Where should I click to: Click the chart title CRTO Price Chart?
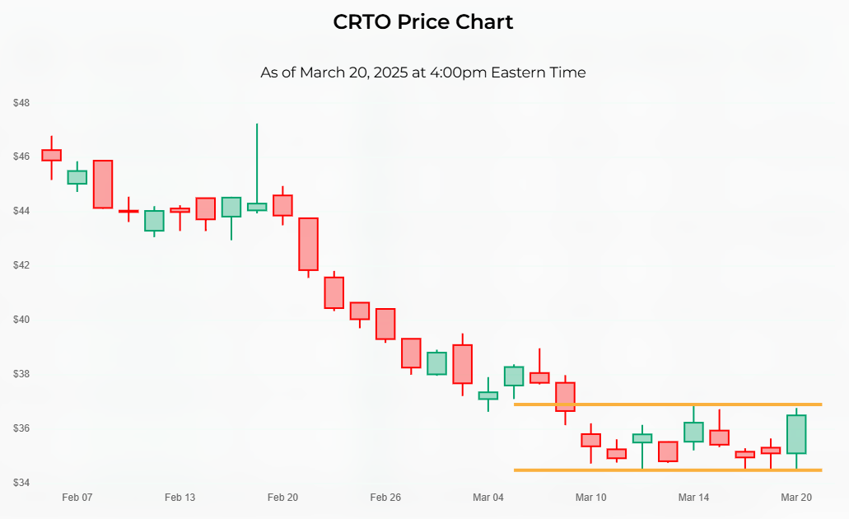click(423, 22)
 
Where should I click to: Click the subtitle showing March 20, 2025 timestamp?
click(423, 72)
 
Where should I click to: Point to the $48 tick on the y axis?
click(21, 103)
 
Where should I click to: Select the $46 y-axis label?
click(21, 157)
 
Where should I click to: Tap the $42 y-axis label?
click(21, 265)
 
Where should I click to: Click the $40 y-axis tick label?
click(21, 320)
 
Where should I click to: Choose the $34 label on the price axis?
click(21, 482)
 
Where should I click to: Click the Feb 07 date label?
click(77, 498)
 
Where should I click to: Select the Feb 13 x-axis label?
click(180, 498)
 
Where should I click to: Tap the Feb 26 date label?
click(385, 498)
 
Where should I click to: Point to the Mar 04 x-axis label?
click(488, 498)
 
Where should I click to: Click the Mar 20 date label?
click(796, 498)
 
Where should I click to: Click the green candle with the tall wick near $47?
click(257, 206)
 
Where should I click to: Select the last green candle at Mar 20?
click(796, 434)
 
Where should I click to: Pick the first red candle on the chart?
click(51, 155)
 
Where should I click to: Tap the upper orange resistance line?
click(667, 404)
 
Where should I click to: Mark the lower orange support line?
click(667, 470)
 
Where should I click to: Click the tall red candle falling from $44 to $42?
click(308, 244)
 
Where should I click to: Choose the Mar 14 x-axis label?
click(693, 498)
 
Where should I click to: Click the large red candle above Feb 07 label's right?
click(103, 185)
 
